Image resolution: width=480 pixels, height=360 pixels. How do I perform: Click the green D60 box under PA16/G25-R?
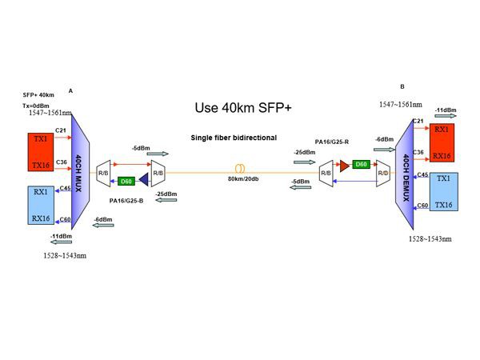pyautogui.click(x=361, y=165)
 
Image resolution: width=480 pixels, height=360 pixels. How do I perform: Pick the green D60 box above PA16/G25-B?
pyautogui.click(x=125, y=180)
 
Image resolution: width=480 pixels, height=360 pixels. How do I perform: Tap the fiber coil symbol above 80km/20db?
pyautogui.click(x=238, y=169)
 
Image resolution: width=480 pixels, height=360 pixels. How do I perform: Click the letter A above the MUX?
pyautogui.click(x=71, y=90)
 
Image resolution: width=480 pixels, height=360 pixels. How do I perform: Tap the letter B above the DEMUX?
pyautogui.click(x=402, y=86)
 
